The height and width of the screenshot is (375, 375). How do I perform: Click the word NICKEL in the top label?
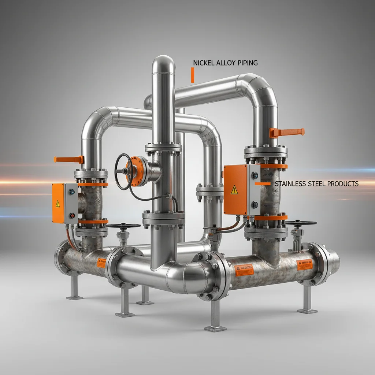[x=204, y=63]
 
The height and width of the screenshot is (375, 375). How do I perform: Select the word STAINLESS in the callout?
[x=290, y=183]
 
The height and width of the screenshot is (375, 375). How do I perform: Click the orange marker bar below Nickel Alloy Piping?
[x=192, y=75]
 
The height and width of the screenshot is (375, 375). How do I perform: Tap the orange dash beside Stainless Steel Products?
[x=263, y=183]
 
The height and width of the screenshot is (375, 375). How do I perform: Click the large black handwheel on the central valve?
[x=123, y=171]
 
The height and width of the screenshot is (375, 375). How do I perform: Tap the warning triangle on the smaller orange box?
[x=57, y=203]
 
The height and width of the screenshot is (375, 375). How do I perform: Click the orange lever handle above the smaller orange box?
[x=68, y=159]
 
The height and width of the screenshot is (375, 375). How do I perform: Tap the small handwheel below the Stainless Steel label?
[x=301, y=223]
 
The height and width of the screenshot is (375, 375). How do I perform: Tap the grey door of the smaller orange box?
[x=71, y=203]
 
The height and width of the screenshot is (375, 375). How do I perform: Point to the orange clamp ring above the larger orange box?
[x=272, y=166]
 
